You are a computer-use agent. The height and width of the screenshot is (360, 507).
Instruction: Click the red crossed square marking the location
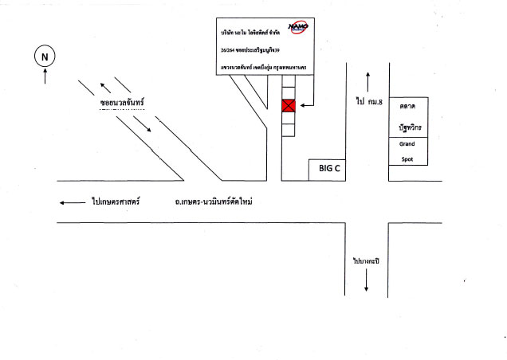[x=289, y=106]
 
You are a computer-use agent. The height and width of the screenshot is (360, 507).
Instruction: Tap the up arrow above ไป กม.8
[x=368, y=80]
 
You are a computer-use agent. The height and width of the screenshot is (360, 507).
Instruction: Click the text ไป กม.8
[x=370, y=101]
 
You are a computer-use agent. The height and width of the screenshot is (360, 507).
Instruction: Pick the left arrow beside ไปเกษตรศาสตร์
[x=72, y=202]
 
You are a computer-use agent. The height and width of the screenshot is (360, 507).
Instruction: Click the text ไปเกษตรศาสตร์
[x=116, y=202]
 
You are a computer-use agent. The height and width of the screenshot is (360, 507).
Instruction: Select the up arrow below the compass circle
[x=45, y=77]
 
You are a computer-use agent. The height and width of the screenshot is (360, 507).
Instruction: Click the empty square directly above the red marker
[x=289, y=92]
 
